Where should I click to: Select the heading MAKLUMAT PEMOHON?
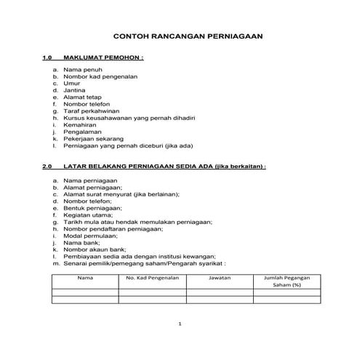[x=103, y=56]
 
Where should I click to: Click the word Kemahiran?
[x=80, y=124]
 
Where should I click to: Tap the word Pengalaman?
[x=81, y=131]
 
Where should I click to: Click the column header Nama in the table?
[x=85, y=278]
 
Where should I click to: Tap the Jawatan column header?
[x=219, y=278]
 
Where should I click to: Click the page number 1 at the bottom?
[x=179, y=323]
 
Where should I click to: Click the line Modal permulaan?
[x=90, y=236]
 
